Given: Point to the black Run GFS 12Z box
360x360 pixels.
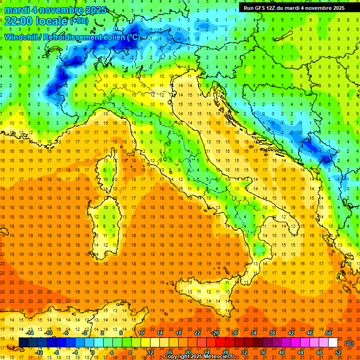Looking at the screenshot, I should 294,7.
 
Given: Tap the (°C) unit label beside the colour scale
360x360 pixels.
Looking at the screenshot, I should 349,343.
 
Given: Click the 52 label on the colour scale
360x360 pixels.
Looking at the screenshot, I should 338,352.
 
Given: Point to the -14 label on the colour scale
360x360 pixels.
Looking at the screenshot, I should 30,333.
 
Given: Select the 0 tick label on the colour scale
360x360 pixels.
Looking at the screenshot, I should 93,352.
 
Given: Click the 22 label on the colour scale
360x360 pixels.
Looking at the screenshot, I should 197,333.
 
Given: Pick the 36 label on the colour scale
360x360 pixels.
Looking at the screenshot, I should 262,352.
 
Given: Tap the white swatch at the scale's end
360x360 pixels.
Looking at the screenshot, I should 333,342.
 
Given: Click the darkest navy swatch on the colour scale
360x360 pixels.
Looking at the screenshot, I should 23,342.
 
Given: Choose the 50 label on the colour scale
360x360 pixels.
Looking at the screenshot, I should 328,333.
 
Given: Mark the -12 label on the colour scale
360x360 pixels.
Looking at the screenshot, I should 39,352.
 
